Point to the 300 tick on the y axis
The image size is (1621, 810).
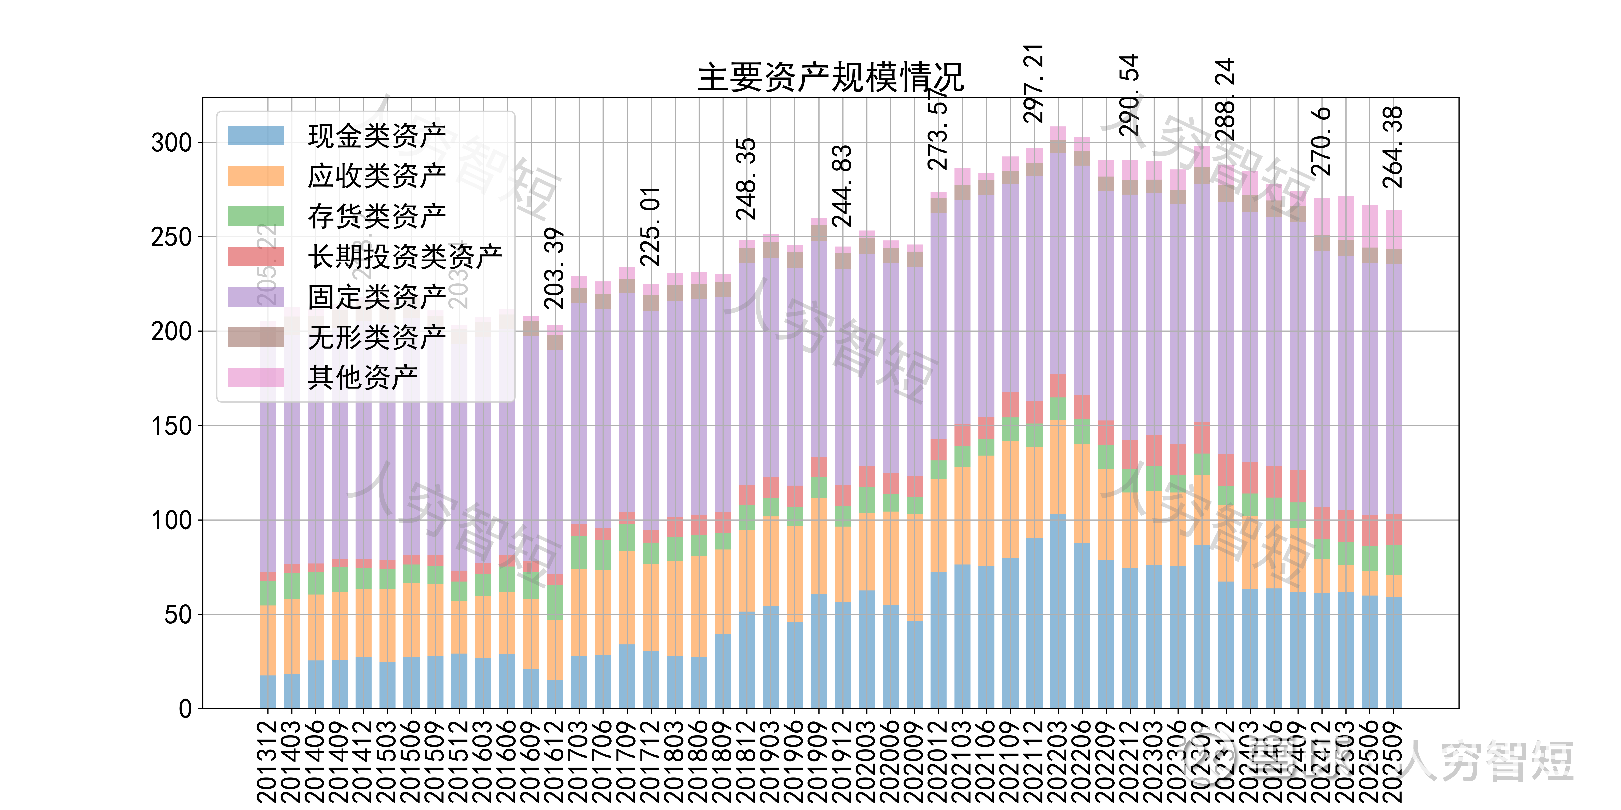pos(171,143)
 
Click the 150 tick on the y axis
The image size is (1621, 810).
pos(171,426)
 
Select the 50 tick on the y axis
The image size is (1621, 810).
pos(178,614)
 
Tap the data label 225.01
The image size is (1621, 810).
pos(650,226)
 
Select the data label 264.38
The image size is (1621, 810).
pos(1393,147)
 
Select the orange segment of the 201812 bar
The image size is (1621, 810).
pos(747,570)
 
